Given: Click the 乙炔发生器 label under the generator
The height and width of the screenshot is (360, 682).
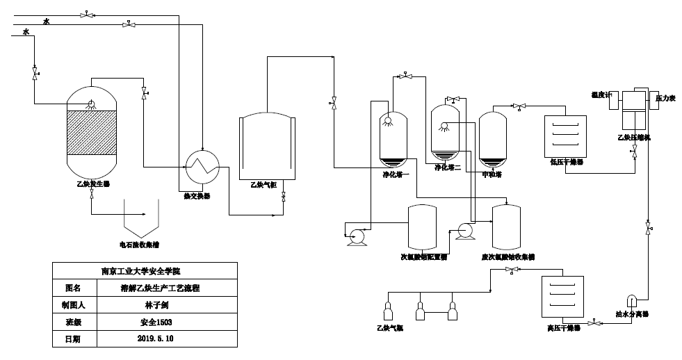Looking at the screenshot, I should pos(92,184).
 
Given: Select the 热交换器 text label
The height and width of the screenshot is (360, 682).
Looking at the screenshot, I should pos(197,196).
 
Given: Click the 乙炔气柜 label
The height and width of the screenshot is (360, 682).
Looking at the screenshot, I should pos(263,185).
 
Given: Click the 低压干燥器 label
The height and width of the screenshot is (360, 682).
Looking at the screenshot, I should pos(566,161).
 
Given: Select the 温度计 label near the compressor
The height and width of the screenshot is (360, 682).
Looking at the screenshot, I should pos(600,95).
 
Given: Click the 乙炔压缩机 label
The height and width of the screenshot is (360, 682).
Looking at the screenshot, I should pos(634,138).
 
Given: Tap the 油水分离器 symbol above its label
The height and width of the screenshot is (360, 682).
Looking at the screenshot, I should pos(633,300).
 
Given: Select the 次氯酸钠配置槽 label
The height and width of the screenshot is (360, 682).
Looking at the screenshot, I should pos(423,256).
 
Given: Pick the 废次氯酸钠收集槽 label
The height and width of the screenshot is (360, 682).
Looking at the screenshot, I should pos(508,256).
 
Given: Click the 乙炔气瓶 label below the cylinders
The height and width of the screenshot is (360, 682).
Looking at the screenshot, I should pos(390,327).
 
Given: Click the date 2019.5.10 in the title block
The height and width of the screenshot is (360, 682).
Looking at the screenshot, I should pos(156,339).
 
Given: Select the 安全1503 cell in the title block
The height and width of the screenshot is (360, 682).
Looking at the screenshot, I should pos(156,322).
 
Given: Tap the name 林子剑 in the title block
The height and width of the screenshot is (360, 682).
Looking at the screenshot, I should pos(156,305).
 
